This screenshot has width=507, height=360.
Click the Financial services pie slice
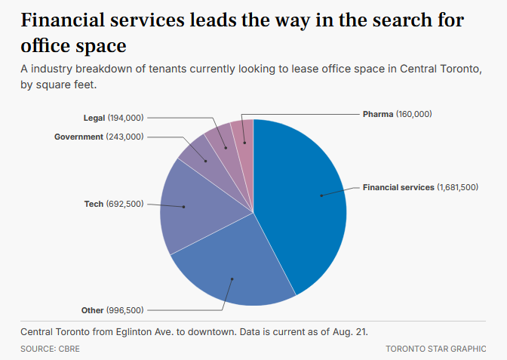(x=302, y=204)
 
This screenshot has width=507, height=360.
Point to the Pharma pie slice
(x=243, y=132)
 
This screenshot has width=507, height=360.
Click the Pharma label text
(x=378, y=114)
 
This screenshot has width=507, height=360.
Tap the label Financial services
(x=398, y=187)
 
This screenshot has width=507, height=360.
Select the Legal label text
(x=94, y=118)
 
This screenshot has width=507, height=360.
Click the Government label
(x=78, y=137)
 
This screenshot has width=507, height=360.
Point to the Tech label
(x=94, y=204)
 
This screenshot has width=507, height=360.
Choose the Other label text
(x=92, y=310)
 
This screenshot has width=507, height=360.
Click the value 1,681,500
(x=457, y=187)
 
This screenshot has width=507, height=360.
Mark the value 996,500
(x=125, y=310)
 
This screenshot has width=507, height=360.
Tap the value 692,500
(x=125, y=204)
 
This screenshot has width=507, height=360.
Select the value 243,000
(x=125, y=137)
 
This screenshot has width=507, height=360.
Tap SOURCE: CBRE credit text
(x=50, y=349)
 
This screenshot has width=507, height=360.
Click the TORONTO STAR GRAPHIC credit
(x=436, y=349)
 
